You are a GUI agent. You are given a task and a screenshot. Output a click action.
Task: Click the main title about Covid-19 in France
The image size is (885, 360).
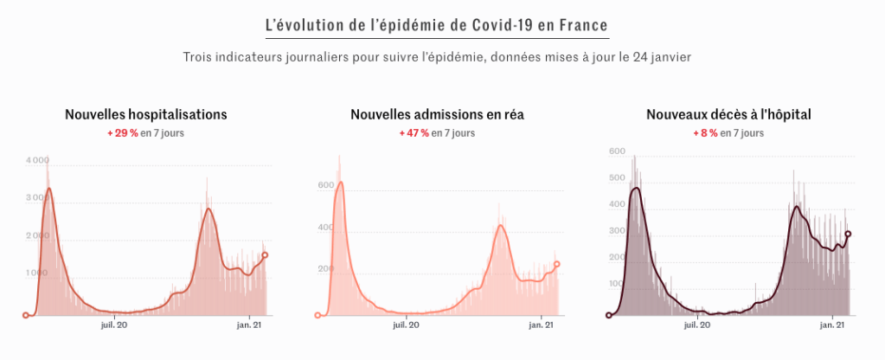[x=437, y=24]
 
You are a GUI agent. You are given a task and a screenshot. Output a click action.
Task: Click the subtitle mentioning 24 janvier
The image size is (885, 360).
[x=437, y=56]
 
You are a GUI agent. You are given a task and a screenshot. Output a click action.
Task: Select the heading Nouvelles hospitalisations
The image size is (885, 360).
[x=146, y=114]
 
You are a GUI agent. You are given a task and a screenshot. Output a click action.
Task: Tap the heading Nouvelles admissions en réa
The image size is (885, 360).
[x=437, y=114]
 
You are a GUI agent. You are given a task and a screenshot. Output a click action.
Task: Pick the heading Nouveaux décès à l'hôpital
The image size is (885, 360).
[x=728, y=114]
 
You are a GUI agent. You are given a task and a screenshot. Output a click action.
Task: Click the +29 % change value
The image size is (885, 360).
[x=123, y=133]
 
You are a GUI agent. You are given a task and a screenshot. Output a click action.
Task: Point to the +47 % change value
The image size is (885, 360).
[x=414, y=133]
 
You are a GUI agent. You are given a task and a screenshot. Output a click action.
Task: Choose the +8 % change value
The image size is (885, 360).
[x=705, y=133]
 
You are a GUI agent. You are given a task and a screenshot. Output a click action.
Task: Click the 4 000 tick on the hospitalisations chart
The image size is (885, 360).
[x=37, y=160]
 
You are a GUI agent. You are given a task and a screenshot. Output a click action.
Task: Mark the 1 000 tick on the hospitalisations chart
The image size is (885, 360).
[x=37, y=273]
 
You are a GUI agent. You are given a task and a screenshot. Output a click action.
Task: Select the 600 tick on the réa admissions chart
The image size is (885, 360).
[x=325, y=185]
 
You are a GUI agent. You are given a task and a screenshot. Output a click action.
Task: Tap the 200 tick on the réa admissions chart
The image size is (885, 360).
[x=325, y=269]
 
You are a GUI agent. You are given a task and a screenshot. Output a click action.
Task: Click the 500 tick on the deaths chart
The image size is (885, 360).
[x=617, y=178]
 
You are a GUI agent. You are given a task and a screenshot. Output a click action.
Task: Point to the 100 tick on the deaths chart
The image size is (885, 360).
[x=617, y=284]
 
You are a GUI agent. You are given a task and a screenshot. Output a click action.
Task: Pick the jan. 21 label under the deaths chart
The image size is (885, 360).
[x=831, y=325]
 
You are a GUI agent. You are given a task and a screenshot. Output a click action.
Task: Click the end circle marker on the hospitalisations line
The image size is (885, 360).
[x=265, y=254]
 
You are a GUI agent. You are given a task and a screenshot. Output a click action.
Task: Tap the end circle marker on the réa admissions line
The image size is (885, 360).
[x=557, y=264]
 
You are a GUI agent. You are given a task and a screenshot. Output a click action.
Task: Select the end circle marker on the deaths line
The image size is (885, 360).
[x=849, y=234]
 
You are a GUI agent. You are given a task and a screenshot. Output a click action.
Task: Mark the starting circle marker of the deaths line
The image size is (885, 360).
[x=609, y=315]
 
